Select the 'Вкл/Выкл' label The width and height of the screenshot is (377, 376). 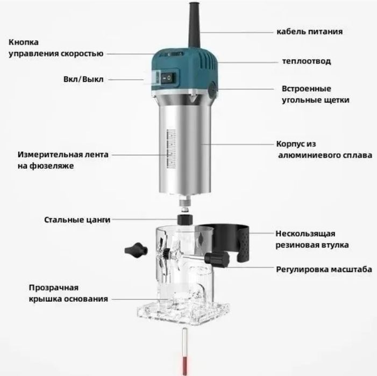[83, 79]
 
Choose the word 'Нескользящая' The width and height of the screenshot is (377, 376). [305, 234]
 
